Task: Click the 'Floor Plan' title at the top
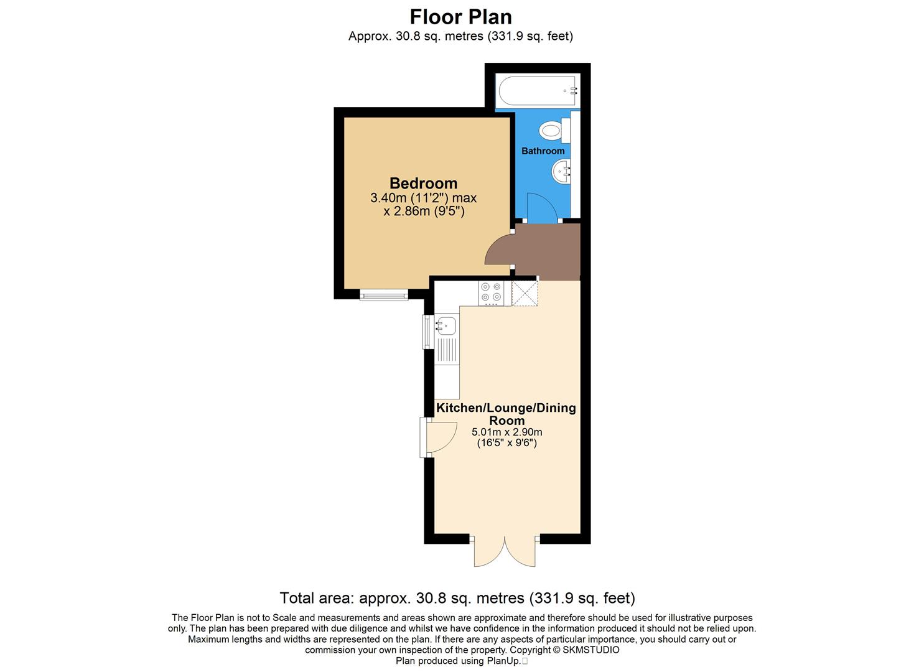pyautogui.click(x=461, y=16)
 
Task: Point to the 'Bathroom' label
pyautogui.click(x=543, y=151)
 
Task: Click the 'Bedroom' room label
pyautogui.click(x=423, y=184)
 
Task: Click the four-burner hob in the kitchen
pyautogui.click(x=491, y=293)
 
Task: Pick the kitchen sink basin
pyautogui.click(x=446, y=324)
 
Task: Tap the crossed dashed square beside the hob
pyautogui.click(x=525, y=293)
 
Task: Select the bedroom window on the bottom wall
pyautogui.click(x=384, y=295)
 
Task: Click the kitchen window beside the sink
pyautogui.click(x=427, y=331)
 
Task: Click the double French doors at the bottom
pyautogui.click(x=505, y=551)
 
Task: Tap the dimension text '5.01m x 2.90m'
pyautogui.click(x=506, y=432)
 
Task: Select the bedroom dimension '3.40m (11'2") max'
pyautogui.click(x=423, y=198)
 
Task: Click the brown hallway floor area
pyautogui.click(x=548, y=249)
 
